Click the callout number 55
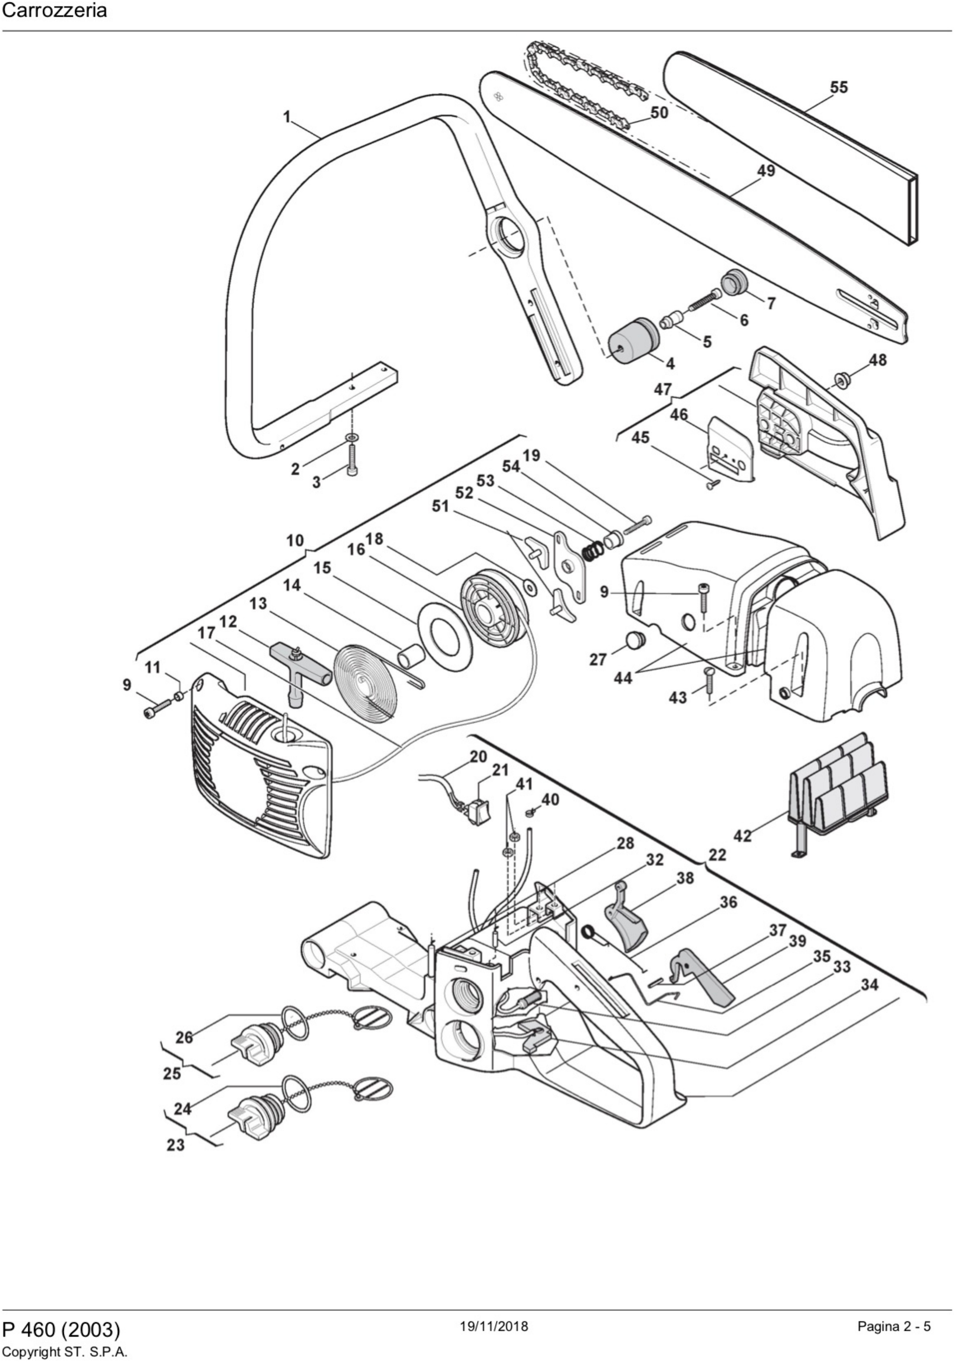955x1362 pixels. pos(839,87)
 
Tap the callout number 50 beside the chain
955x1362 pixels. pos(659,112)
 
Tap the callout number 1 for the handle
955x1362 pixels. pos(287,117)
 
